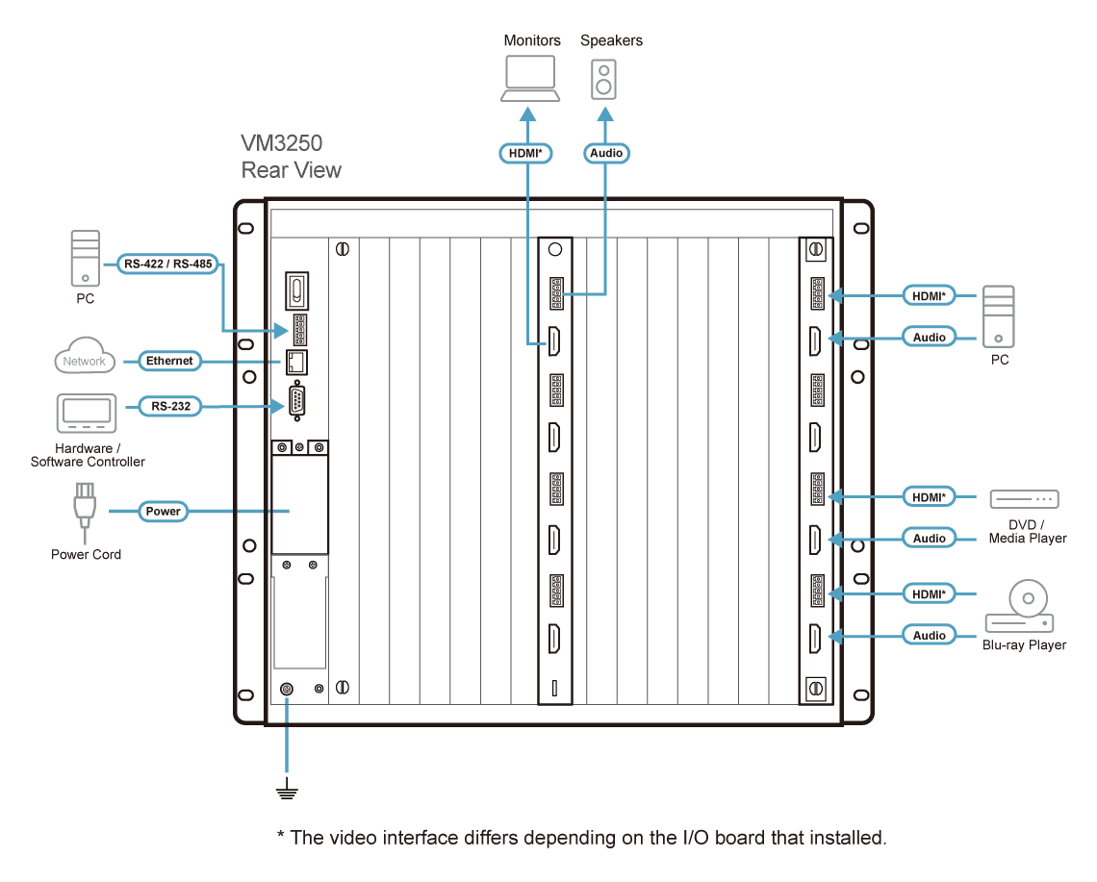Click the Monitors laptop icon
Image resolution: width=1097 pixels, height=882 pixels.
point(530,78)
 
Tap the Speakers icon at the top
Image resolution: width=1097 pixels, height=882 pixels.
point(603,79)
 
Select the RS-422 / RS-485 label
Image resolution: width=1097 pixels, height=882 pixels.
point(167,264)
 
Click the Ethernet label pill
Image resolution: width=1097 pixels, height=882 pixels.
point(169,361)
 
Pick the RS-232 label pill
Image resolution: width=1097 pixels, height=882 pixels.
point(170,407)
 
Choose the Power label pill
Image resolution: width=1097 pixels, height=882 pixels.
point(163,512)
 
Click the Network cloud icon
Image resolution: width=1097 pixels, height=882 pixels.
point(84,355)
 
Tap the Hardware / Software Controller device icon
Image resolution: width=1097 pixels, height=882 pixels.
point(86,414)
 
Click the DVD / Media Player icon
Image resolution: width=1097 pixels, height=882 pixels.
point(1024,499)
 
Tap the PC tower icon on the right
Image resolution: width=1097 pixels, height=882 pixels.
point(998,316)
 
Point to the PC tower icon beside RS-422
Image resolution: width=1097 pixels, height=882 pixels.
point(86,258)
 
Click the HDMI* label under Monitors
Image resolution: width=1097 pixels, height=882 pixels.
point(525,153)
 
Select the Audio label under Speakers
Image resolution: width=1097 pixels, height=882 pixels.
point(606,153)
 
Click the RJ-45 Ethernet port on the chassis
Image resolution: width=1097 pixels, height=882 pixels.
point(296,363)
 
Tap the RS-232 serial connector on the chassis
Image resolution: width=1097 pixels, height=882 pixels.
point(296,401)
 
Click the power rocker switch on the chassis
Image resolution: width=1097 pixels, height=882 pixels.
point(296,290)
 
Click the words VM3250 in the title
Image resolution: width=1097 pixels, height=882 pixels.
point(281,143)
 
